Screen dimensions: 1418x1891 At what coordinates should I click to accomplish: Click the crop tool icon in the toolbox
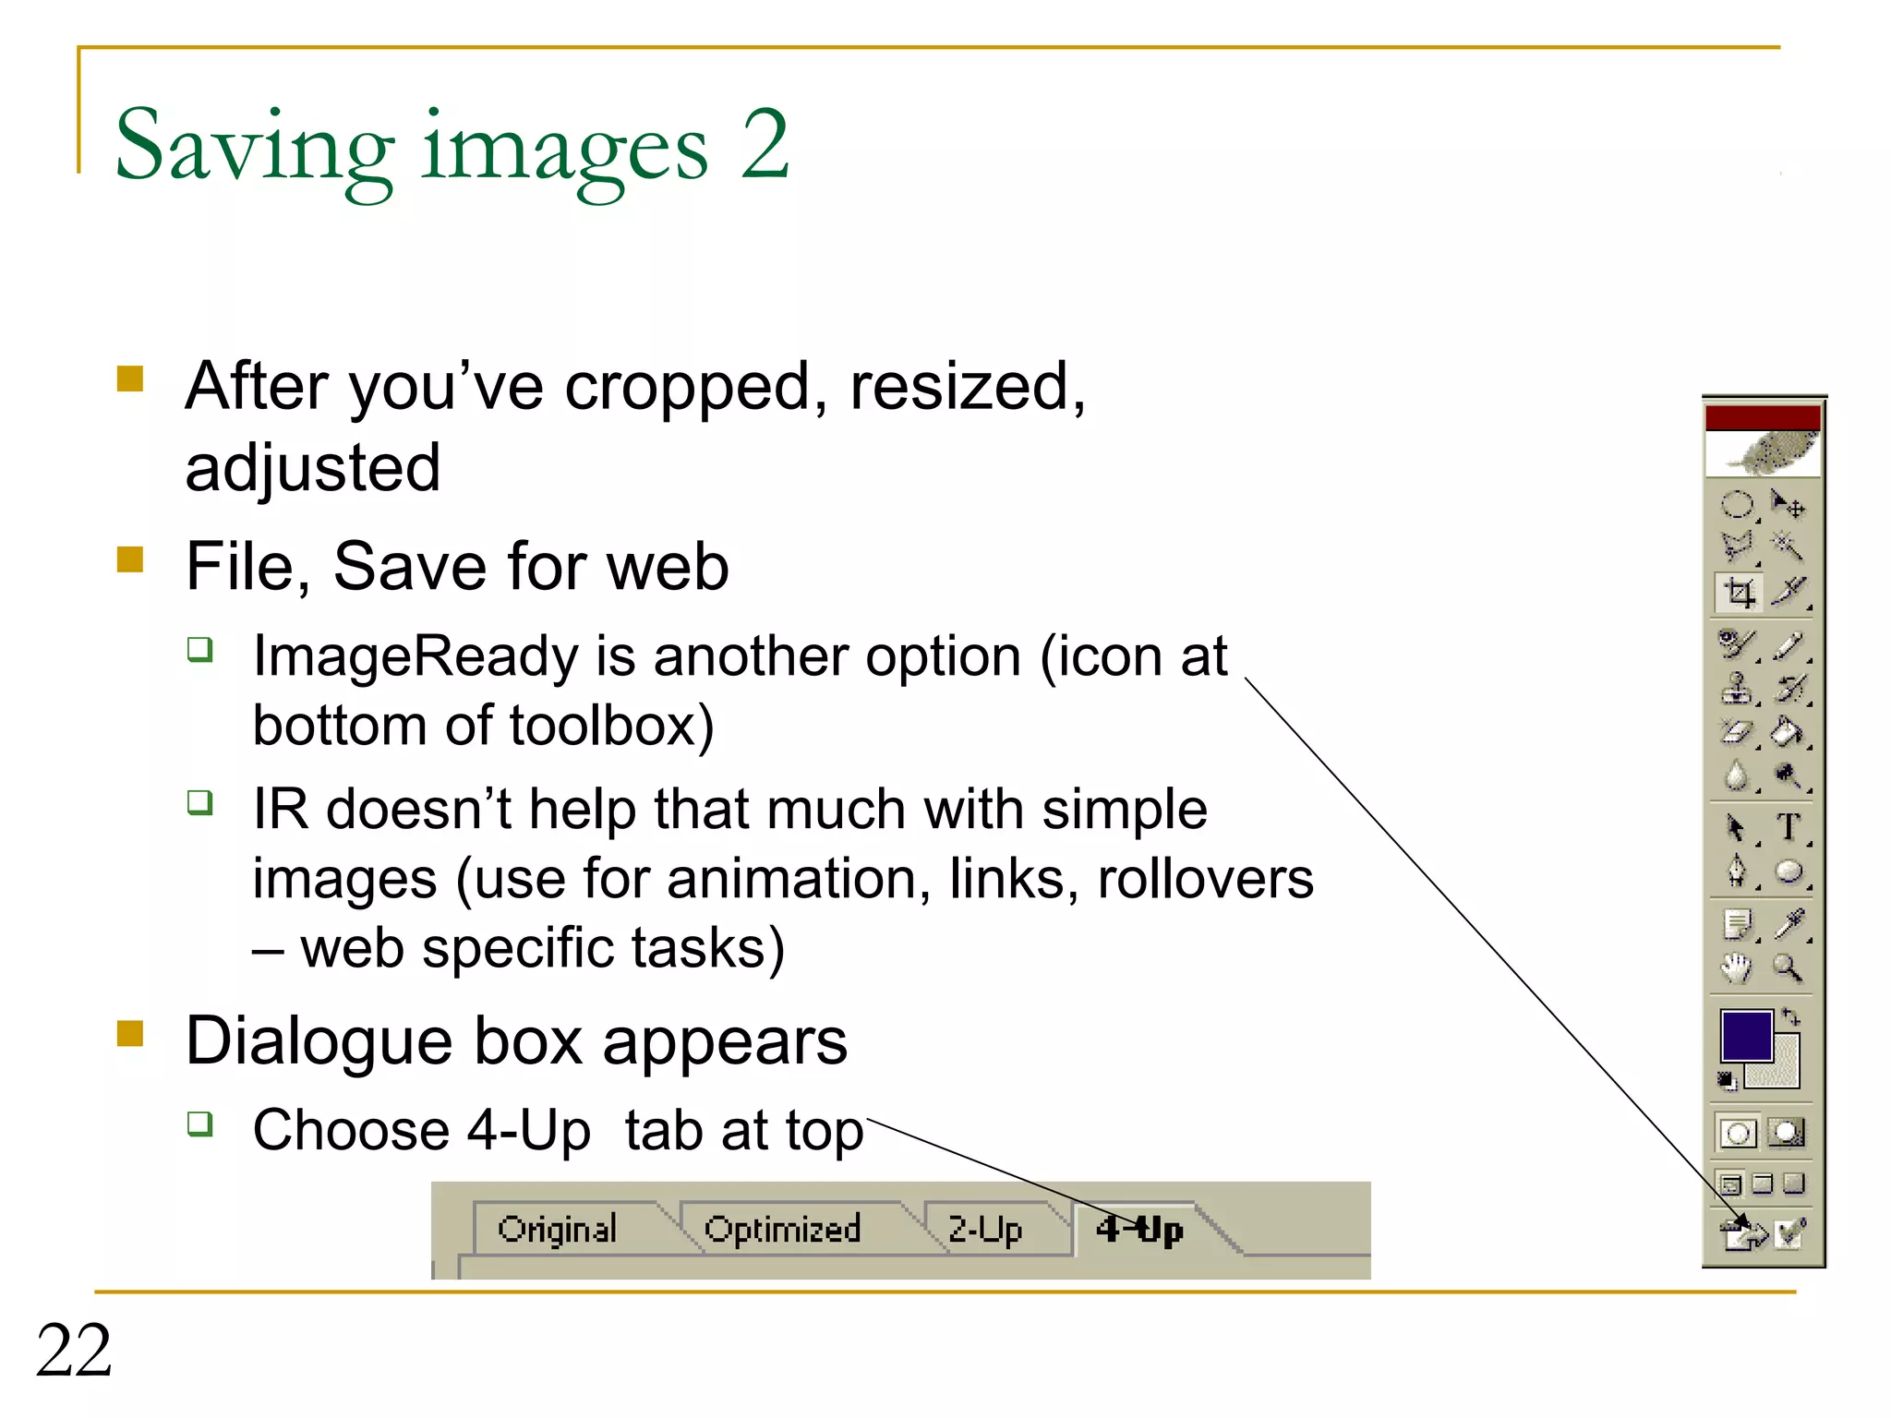pos(1740,593)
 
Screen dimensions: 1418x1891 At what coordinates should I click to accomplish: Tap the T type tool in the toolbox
pos(1789,826)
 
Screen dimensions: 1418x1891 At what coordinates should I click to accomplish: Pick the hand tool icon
pos(1736,968)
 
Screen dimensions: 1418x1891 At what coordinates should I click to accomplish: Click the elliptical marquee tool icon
pos(1737,505)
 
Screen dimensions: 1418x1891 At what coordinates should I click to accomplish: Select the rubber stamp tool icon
pos(1737,689)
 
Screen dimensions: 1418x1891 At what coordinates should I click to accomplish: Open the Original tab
pos(557,1230)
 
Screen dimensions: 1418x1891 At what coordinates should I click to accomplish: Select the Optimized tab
pos(782,1230)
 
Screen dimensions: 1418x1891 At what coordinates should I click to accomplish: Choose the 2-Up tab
pos(985,1230)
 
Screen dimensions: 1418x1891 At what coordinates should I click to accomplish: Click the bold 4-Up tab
pos(1139,1230)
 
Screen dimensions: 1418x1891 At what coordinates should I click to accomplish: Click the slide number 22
pos(74,1351)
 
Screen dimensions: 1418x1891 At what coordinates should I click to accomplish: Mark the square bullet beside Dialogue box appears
pos(130,1034)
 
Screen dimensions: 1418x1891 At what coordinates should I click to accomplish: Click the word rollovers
pos(1205,879)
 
